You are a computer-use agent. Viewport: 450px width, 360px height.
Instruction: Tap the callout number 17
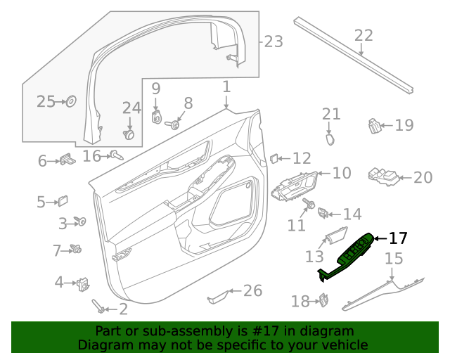398,239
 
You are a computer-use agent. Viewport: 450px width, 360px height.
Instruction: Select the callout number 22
364,35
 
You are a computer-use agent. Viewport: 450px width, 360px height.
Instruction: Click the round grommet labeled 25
71,102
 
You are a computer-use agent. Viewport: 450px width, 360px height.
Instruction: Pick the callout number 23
274,42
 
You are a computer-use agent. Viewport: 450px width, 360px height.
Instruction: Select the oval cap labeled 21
330,139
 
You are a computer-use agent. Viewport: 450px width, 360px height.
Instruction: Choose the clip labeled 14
323,212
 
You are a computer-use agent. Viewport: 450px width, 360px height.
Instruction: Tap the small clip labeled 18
324,300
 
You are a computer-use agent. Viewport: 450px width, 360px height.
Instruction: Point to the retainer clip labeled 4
84,283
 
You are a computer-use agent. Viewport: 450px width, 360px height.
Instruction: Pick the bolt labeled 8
171,125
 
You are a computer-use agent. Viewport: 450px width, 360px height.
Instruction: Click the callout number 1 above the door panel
226,87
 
